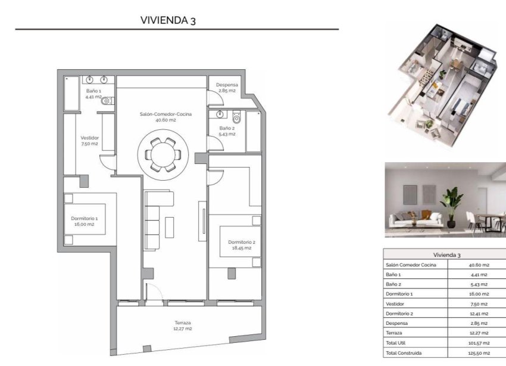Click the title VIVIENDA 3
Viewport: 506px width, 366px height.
pyautogui.click(x=168, y=20)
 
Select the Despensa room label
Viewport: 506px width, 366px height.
pyautogui.click(x=227, y=88)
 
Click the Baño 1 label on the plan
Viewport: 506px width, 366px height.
pyautogui.click(x=93, y=93)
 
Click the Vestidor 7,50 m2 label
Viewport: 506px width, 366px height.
pyautogui.click(x=89, y=141)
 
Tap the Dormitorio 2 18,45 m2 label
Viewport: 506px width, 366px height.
pyautogui.click(x=242, y=244)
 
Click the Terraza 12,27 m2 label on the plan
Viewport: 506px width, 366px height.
pyautogui.click(x=183, y=325)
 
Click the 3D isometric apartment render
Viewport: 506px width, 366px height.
pyautogui.click(x=441, y=77)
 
